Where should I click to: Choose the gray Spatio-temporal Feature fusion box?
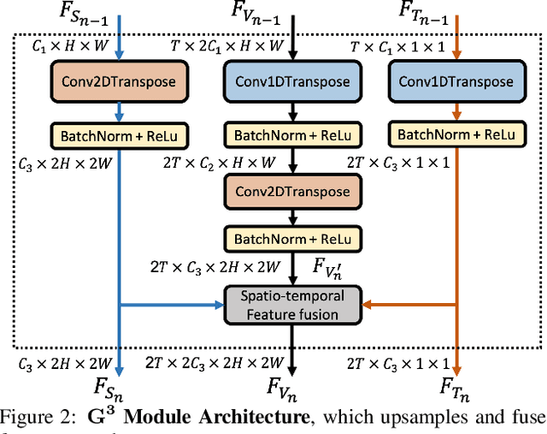click(291, 303)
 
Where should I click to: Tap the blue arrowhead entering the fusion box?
click(216, 303)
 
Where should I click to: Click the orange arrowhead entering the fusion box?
click(366, 303)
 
